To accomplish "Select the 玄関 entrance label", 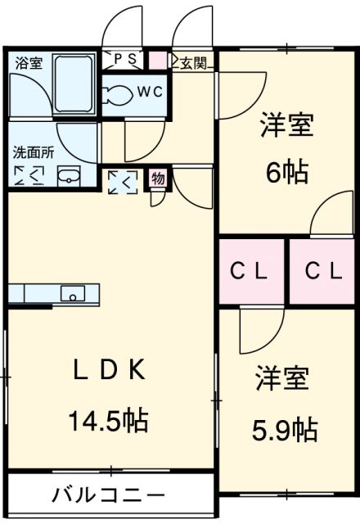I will coord(192,61).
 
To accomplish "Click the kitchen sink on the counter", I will coord(71,294).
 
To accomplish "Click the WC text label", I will coord(150,92).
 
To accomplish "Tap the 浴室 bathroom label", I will coord(29,63).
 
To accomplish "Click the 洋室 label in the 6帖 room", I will coord(286,127).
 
